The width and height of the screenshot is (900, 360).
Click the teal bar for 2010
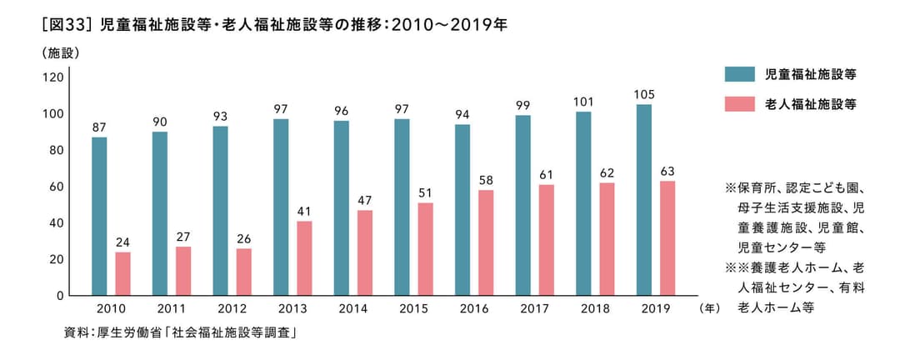[99, 217]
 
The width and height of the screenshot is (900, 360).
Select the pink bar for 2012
[243, 272]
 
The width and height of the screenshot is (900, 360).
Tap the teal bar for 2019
[643, 200]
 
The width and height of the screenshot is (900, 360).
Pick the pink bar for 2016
[485, 242]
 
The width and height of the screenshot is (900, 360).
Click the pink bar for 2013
[304, 258]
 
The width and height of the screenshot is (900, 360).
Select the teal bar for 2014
[342, 208]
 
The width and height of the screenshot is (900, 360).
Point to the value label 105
[643, 94]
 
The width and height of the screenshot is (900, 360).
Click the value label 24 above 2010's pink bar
[122, 242]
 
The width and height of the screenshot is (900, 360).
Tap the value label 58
[485, 180]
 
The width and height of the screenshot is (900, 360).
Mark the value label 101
[583, 102]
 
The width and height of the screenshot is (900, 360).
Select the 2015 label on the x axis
[413, 308]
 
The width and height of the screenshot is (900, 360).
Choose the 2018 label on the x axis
[595, 308]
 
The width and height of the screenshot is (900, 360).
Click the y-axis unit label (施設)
[59, 53]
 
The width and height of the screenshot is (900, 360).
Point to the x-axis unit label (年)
[710, 308]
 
